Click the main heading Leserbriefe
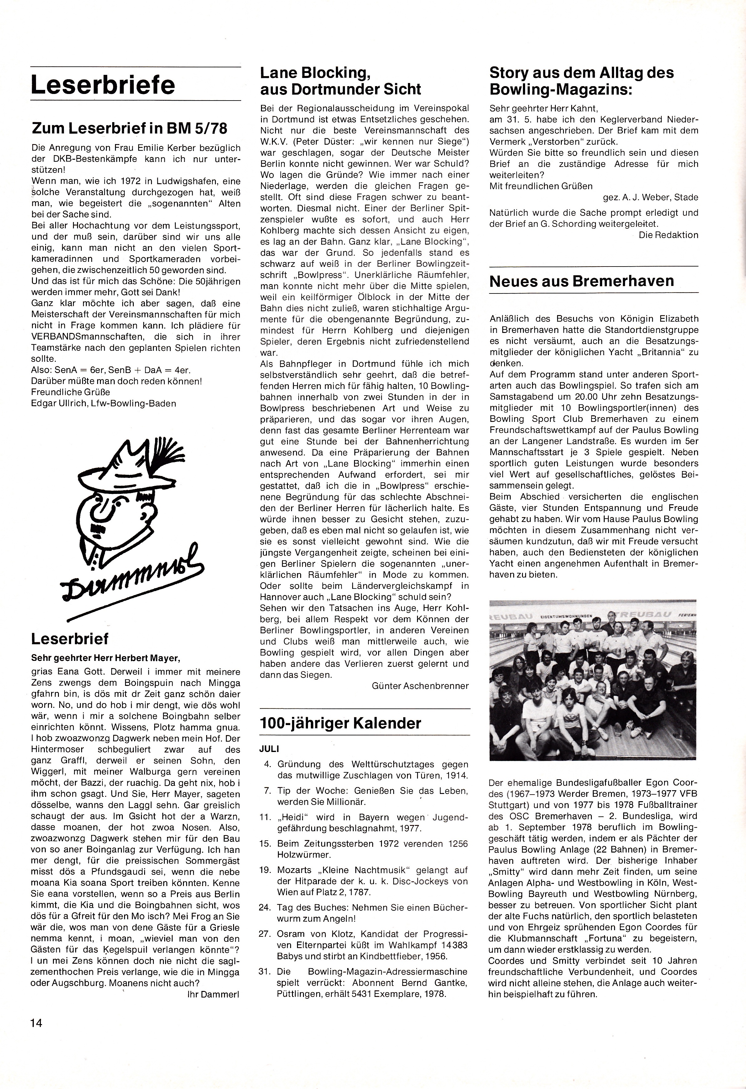coord(103,85)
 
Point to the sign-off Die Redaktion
coord(668,235)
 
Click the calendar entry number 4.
coord(268,764)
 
